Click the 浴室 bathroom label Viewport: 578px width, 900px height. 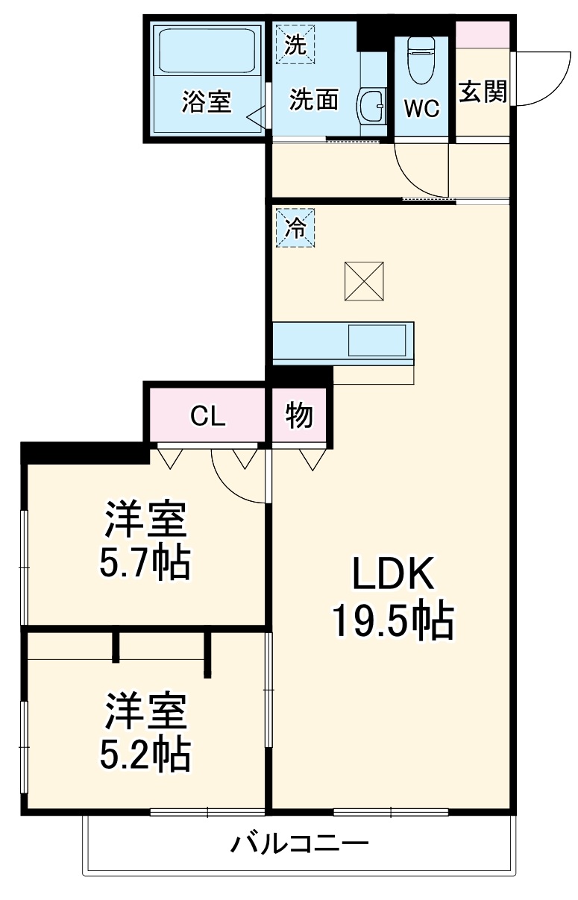tap(206, 101)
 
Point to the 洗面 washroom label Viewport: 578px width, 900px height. tap(315, 99)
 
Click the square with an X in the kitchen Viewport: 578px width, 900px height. tap(364, 281)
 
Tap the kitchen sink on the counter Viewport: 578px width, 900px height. tap(380, 341)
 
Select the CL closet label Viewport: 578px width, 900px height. tap(207, 416)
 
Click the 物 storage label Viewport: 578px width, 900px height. tap(300, 416)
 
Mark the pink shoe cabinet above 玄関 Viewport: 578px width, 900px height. tap(483, 34)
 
